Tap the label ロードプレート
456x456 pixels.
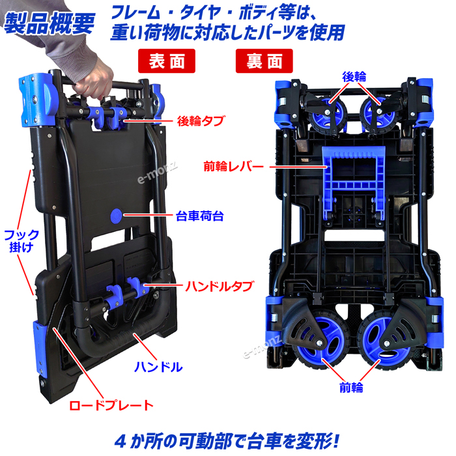click(111, 405)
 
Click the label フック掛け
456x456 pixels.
click(22, 240)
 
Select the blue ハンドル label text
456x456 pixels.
click(159, 366)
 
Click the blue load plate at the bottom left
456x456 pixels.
click(41, 345)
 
